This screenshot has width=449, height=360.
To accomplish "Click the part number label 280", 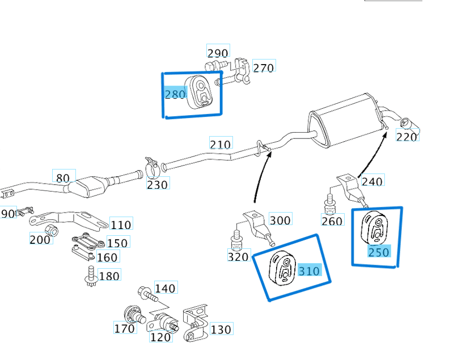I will point(175,94).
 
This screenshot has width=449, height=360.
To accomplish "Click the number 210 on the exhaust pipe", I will point(221,144).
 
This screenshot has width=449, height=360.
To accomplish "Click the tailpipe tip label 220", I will point(406,137).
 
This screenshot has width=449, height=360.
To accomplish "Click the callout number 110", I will point(120,225).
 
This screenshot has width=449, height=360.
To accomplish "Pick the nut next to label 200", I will point(49,230).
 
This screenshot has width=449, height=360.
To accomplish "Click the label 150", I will point(117,243).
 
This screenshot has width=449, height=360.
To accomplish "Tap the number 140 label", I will point(164,289).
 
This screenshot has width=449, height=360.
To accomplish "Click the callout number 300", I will point(279,220).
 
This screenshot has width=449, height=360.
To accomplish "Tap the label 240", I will point(372,181).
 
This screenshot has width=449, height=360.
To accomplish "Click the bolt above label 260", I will point(329,204).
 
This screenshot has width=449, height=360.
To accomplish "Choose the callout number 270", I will point(263,68).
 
